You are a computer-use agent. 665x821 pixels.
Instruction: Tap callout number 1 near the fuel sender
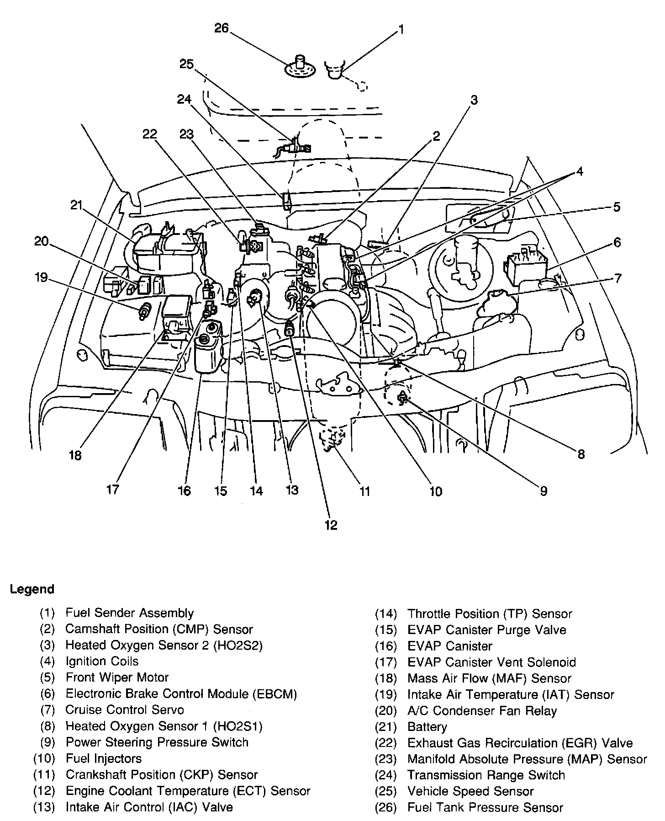coord(401,30)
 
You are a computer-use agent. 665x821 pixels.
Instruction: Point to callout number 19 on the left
coord(41,277)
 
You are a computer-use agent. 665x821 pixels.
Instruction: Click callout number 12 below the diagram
coord(331,525)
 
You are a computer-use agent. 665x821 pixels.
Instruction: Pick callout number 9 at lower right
coord(543,491)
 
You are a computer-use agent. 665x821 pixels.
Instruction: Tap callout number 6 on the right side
coord(617,242)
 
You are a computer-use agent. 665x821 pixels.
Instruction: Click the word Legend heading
coord(32,589)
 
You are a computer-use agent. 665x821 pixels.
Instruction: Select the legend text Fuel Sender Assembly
coord(130,613)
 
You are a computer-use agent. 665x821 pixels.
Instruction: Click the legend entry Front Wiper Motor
coord(117,677)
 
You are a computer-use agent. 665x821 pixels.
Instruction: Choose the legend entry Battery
coord(427,727)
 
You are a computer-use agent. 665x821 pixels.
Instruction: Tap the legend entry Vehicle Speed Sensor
coord(470,791)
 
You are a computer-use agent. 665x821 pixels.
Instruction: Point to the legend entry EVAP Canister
coord(449,646)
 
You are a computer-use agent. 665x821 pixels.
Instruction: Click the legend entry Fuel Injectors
coord(104,758)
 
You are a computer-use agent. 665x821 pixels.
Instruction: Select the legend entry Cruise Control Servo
coord(125,710)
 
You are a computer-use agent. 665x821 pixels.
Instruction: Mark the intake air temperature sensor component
coord(144,311)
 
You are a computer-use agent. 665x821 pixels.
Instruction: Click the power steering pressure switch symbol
coord(402,398)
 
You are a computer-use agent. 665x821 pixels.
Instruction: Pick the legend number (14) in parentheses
coord(386,613)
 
